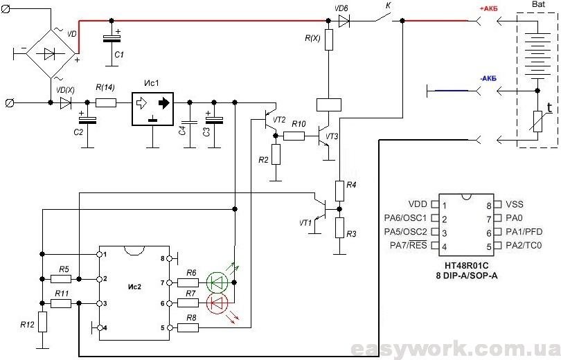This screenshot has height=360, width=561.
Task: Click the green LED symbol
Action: click(x=217, y=282)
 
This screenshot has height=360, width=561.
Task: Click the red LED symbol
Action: click(x=217, y=303)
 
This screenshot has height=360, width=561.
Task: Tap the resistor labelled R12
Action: click(x=42, y=322)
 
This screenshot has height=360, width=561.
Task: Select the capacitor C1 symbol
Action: click(x=112, y=39)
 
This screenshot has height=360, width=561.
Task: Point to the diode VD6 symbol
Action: click(x=344, y=21)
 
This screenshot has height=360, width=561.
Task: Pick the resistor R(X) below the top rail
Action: click(x=329, y=39)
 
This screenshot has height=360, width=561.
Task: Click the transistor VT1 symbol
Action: click(x=320, y=211)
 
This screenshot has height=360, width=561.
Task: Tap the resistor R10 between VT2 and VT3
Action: click(x=294, y=136)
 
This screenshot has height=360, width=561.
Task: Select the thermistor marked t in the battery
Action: click(x=537, y=122)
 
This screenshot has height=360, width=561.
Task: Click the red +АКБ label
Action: click(x=488, y=9)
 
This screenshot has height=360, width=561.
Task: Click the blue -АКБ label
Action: click(x=488, y=79)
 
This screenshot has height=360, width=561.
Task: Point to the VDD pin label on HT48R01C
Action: click(x=418, y=204)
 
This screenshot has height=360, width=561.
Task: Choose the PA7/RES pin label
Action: click(x=408, y=246)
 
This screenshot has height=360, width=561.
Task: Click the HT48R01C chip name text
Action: click(x=467, y=266)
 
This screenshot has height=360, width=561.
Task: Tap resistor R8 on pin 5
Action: click(x=188, y=327)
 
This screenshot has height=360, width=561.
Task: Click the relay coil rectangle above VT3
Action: click(x=329, y=105)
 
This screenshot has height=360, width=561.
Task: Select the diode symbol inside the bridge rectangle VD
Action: click(x=49, y=54)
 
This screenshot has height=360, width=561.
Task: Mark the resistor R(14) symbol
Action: click(x=106, y=103)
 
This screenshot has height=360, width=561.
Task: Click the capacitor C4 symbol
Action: click(x=190, y=122)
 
